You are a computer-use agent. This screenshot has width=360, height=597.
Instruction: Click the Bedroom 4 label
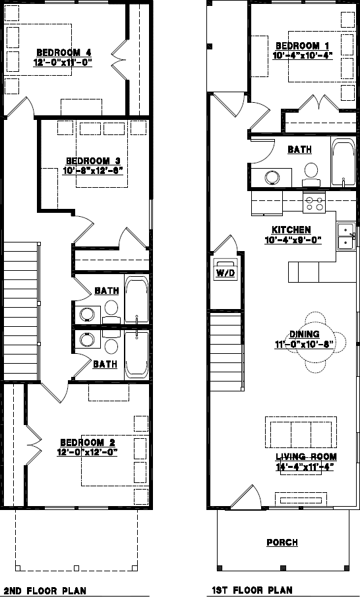[63, 53]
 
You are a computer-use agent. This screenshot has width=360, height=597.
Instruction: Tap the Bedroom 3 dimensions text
[93, 170]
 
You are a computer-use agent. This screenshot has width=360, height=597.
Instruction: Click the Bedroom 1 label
[301, 45]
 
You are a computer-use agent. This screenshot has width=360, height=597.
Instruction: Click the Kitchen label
[291, 230]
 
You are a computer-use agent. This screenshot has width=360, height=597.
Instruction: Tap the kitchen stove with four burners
[314, 204]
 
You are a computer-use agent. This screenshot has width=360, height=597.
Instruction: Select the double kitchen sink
[345, 236]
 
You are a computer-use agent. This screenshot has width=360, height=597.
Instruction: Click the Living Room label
[306, 457]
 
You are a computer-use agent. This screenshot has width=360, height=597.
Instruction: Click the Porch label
[282, 542]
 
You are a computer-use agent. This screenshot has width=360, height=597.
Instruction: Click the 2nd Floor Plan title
[45, 590]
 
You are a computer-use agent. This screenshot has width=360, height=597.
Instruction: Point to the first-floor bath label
[299, 150]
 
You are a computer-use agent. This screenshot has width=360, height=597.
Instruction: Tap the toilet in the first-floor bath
[311, 173]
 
